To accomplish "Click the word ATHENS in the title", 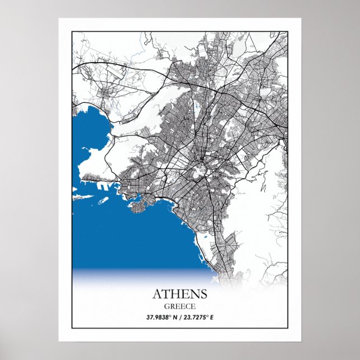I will (x=179, y=293).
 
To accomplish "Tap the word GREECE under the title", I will (x=179, y=306).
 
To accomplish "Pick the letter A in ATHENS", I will (x=157, y=293).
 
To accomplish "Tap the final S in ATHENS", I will (x=203, y=293).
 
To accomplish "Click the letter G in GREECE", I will (x=167, y=306).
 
